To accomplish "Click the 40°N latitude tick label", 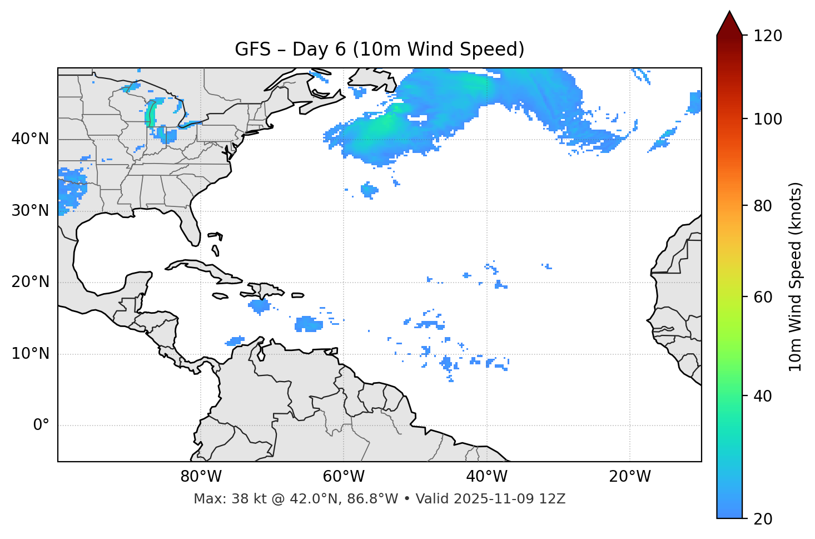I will [30, 139].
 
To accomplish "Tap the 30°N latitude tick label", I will [30, 211].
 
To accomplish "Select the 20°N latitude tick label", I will [30, 282].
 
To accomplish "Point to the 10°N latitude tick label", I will [30, 354].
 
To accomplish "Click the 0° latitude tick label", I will [41, 426].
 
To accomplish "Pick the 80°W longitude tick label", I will [201, 477].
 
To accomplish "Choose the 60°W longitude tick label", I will [344, 477].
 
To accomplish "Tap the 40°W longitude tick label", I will [486, 477].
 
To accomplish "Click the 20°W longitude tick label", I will [629, 477].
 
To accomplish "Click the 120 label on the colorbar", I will [768, 36].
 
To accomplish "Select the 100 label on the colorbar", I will [768, 119].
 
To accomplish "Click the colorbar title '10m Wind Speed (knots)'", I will [796, 277].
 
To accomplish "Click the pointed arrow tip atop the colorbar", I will [729, 13].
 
